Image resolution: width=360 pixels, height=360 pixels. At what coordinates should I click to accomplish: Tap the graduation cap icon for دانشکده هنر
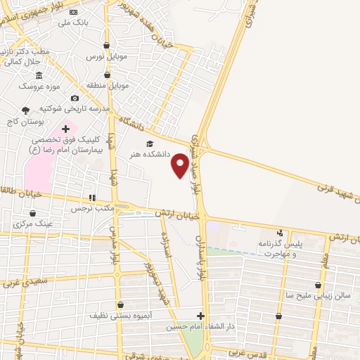[x=148, y=143]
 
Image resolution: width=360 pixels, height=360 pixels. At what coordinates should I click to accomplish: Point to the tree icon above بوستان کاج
[x=26, y=110]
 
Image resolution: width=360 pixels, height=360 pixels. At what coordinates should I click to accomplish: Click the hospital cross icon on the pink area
[x=67, y=129]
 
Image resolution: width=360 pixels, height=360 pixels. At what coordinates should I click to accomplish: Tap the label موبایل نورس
[x=100, y=55]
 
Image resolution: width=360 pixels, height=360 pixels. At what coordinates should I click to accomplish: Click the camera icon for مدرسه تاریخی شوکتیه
[x=75, y=98]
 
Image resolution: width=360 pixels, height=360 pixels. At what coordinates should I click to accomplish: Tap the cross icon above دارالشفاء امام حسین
[x=200, y=316]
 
